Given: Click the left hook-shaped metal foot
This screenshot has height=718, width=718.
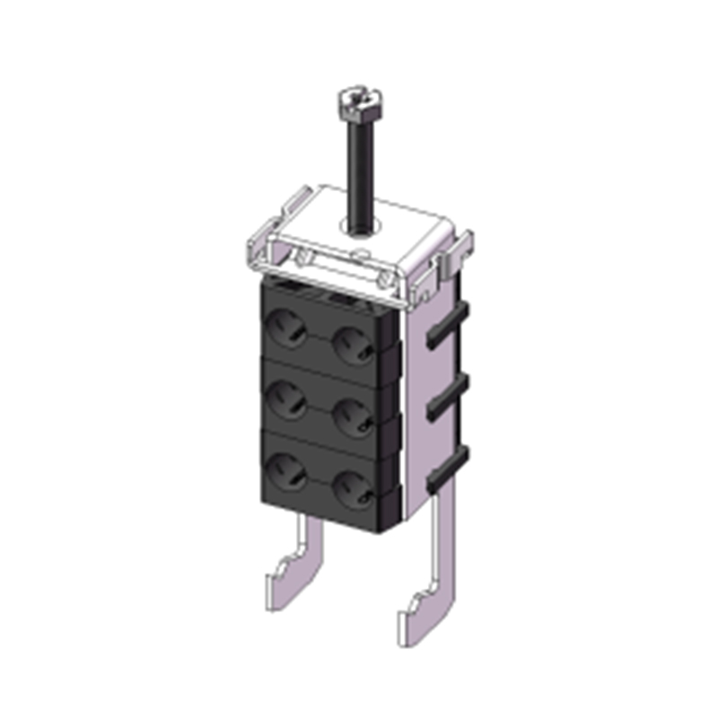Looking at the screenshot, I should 295,570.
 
